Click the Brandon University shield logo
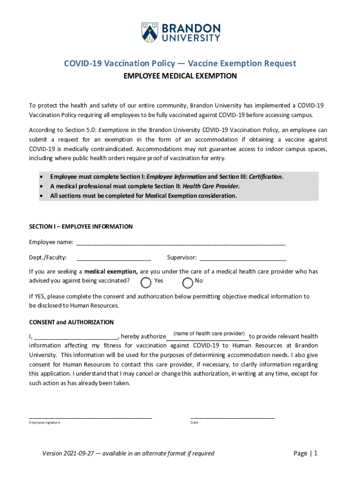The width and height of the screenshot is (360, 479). tap(150, 32)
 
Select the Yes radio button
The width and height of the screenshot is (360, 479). tap(146, 282)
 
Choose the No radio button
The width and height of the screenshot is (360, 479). tap(187, 282)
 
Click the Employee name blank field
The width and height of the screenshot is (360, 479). tap(180, 242)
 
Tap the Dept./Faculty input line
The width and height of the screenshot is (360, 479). tap(113, 257)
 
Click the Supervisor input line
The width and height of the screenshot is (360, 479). tap(243, 257)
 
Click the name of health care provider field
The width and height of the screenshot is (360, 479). tap(208, 335)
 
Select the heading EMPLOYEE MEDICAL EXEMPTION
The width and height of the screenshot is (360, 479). tap(180, 76)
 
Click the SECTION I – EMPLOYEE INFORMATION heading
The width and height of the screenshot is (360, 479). tap(81, 226)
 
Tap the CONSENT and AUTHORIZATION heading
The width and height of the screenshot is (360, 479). tap(72, 322)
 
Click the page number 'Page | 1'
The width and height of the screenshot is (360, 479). tap(305, 453)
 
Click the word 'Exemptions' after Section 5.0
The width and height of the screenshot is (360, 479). tap(113, 130)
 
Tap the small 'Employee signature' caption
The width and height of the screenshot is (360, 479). tap(44, 423)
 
